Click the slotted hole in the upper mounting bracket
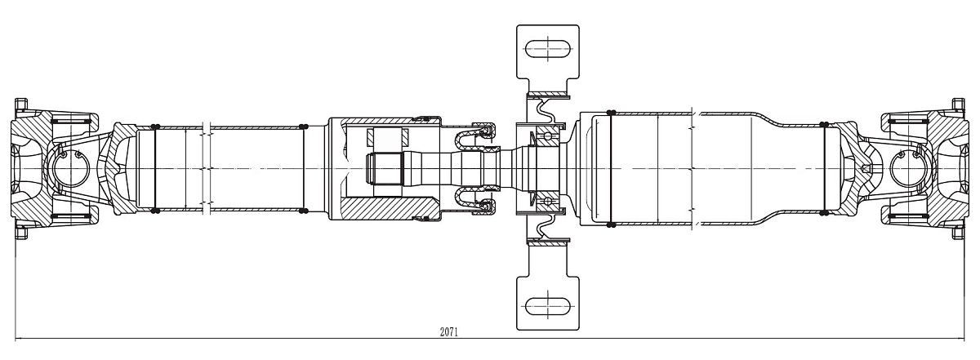click(547, 49)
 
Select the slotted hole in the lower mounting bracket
click(547, 306)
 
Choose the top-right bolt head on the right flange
click(957, 106)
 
